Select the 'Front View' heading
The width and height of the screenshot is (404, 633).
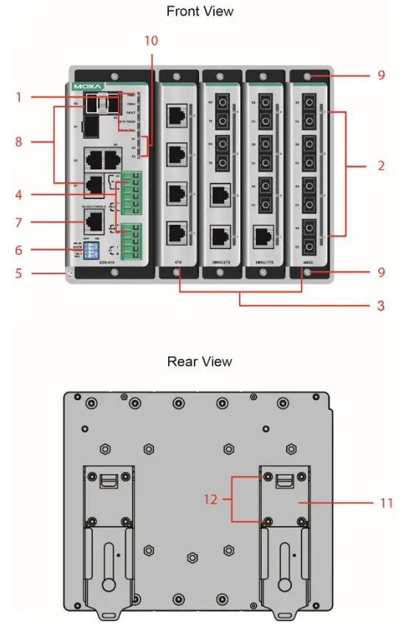click(x=200, y=11)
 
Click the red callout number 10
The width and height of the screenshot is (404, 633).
click(x=150, y=41)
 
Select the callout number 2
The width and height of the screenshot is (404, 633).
click(x=381, y=166)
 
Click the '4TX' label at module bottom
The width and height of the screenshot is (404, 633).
click(x=178, y=261)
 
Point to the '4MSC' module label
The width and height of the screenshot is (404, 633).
click(x=308, y=261)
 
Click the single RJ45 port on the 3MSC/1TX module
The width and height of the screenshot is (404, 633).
click(x=263, y=235)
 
